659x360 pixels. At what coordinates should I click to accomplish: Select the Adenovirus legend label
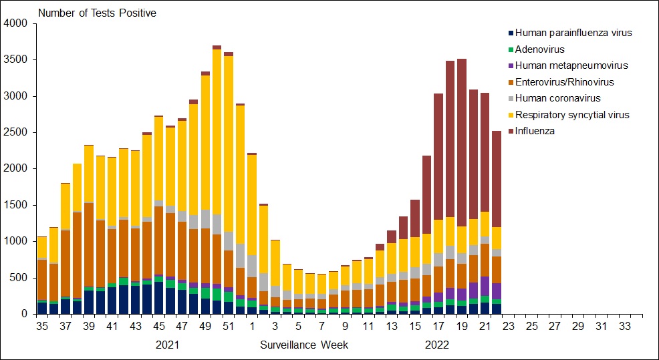pyautogui.click(x=539, y=49)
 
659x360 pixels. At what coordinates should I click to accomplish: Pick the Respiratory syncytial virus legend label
pyautogui.click(x=572, y=115)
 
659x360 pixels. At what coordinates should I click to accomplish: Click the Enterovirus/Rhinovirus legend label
pyautogui.click(x=564, y=82)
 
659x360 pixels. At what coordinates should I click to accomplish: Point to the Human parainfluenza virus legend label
pyautogui.click(x=573, y=33)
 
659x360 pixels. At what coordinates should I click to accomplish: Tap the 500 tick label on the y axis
pyautogui.click(x=20, y=277)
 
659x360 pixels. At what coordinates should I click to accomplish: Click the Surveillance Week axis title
pyautogui.click(x=304, y=345)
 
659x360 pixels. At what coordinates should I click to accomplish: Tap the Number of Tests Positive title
pyautogui.click(x=97, y=13)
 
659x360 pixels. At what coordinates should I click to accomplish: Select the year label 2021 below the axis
pyautogui.click(x=167, y=345)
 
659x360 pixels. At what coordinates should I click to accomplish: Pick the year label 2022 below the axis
pyautogui.click(x=437, y=345)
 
